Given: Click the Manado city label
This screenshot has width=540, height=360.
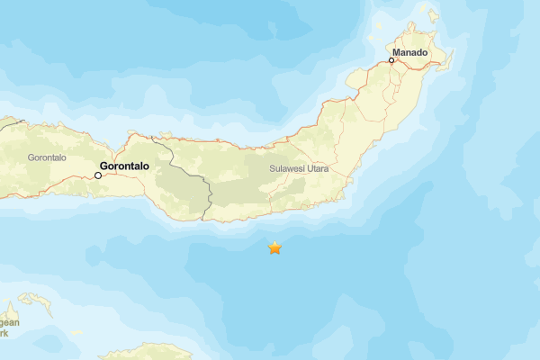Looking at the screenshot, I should click(x=410, y=53).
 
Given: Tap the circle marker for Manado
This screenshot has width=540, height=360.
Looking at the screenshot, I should click(x=391, y=60).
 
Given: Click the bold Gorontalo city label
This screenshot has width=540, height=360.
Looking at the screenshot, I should click(x=123, y=166).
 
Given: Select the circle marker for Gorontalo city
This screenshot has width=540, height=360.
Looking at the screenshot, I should click(x=98, y=175).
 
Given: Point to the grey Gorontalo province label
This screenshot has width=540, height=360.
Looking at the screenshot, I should click(x=47, y=157).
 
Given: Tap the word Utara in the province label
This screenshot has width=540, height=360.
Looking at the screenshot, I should click(x=317, y=169).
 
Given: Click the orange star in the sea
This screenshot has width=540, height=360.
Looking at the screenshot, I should click(x=274, y=247).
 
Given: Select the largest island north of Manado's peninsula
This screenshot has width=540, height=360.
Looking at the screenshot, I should click(x=433, y=15).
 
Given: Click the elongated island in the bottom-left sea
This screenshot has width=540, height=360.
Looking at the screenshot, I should click(x=36, y=303).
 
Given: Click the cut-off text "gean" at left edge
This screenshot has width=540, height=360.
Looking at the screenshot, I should click(x=8, y=322).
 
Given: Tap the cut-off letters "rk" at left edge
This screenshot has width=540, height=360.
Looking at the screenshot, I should click(x=4, y=333).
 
